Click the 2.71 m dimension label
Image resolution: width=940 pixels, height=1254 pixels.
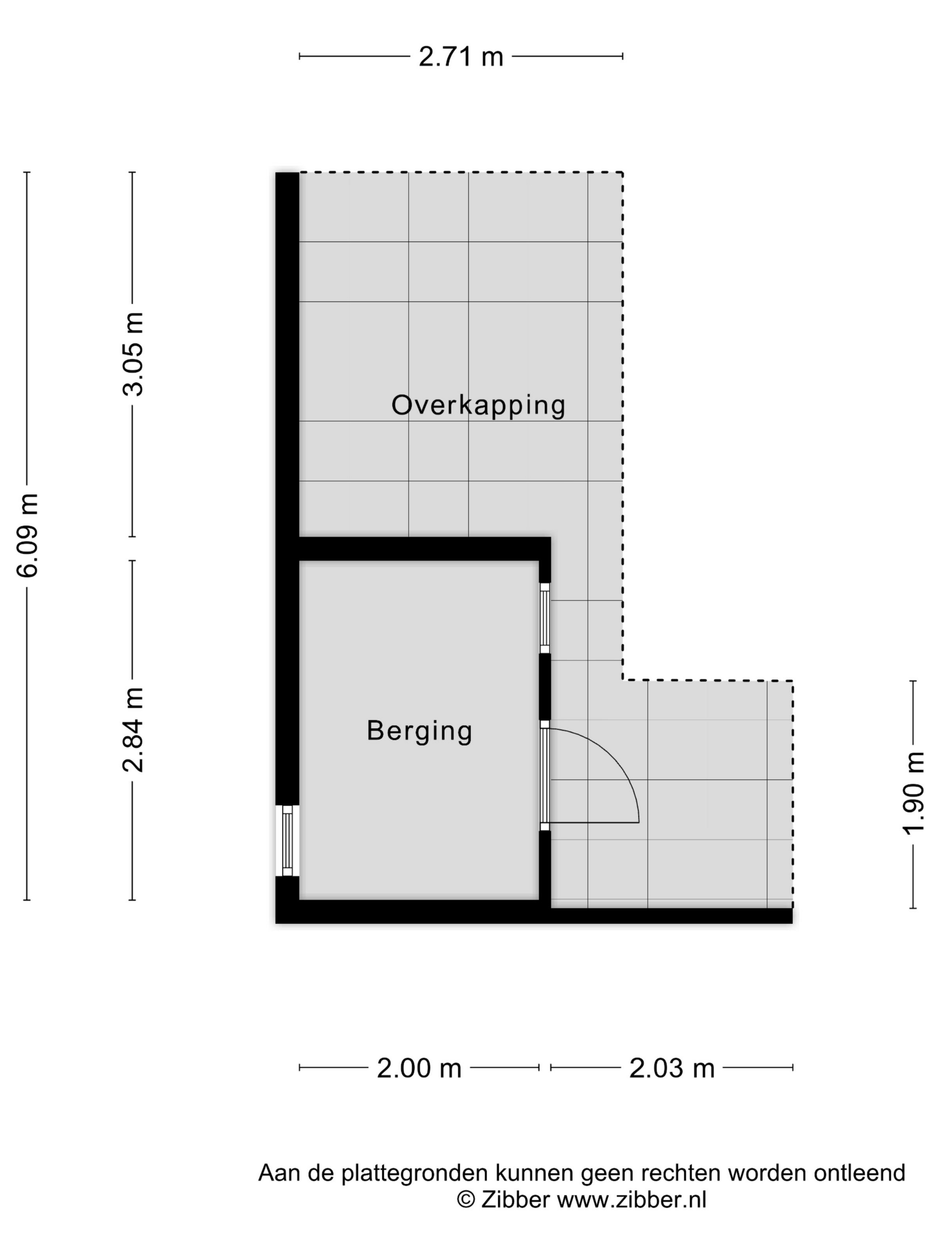click(460, 57)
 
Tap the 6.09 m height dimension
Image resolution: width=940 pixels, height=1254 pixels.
click(27, 535)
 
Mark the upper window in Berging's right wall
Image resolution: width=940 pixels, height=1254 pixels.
click(544, 618)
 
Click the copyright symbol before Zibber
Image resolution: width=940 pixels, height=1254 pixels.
click(466, 1200)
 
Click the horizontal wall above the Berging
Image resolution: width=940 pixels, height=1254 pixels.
click(419, 548)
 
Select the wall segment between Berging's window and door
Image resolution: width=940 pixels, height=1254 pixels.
click(544, 687)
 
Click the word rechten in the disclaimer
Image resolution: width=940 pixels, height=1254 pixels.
click(680, 1173)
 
